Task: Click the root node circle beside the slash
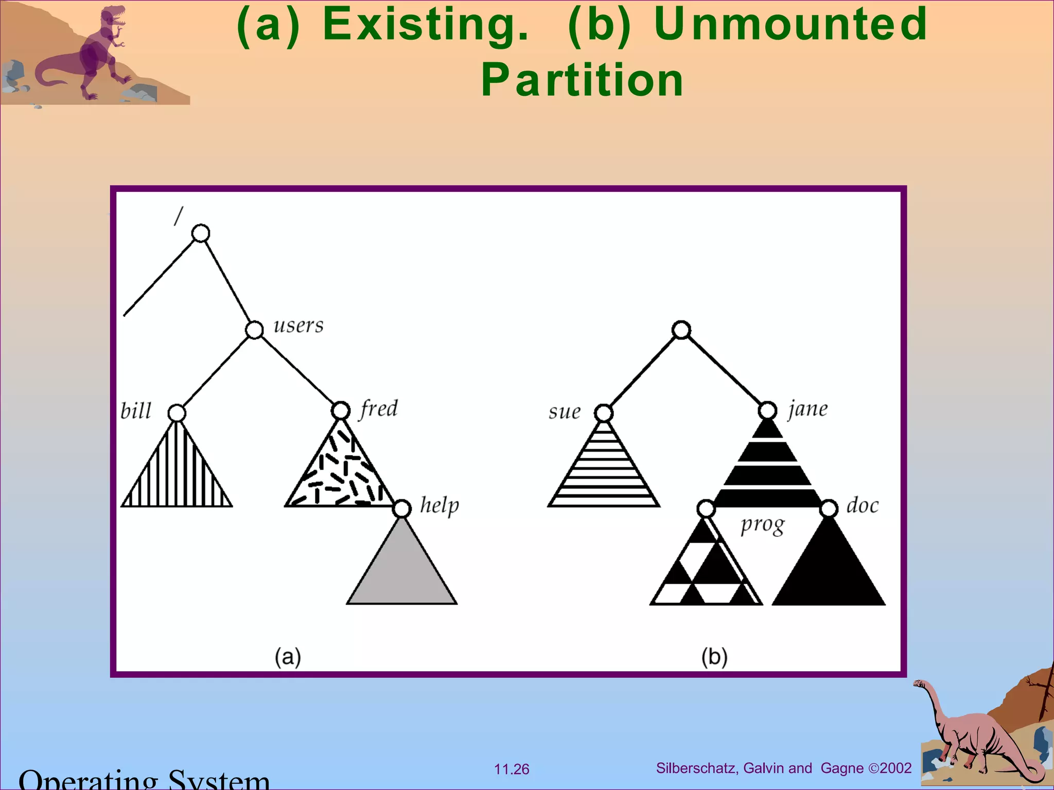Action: pos(201,233)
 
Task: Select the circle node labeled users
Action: pos(254,329)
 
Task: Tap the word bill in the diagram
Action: pos(136,411)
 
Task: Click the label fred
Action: pos(379,409)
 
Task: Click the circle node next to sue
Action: pos(604,413)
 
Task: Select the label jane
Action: pos(808,409)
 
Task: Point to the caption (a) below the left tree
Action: pos(288,657)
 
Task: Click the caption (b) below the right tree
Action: pos(714,657)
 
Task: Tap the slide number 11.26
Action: pos(512,769)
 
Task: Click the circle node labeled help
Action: pos(402,508)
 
